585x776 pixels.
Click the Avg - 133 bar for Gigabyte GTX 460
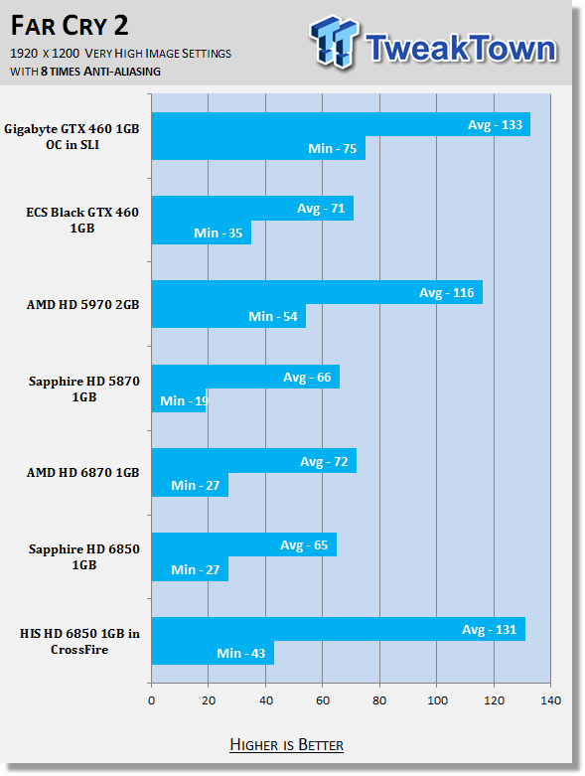coord(341,124)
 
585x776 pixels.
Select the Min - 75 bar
coord(258,148)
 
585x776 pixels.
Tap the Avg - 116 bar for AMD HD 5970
coord(317,292)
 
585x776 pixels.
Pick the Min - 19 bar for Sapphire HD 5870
coord(179,400)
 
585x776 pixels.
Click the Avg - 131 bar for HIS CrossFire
coord(339,629)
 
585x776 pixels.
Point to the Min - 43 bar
coord(213,653)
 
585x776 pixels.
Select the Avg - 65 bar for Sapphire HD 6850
coord(244,544)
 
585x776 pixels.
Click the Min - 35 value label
coord(219,233)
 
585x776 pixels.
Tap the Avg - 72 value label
coord(324,461)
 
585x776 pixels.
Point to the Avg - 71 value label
coord(321,209)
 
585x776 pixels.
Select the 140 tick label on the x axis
coord(551,700)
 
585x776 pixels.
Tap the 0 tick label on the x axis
coord(151,700)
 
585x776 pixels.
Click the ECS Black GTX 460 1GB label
coord(82,220)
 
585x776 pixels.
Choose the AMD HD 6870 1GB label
coord(83,473)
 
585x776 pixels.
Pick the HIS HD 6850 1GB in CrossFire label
coord(79,642)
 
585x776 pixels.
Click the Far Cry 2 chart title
coord(70,26)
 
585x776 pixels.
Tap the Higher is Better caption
coord(287,745)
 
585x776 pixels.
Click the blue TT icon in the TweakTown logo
coord(335,42)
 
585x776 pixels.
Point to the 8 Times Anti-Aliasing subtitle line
coord(85,72)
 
